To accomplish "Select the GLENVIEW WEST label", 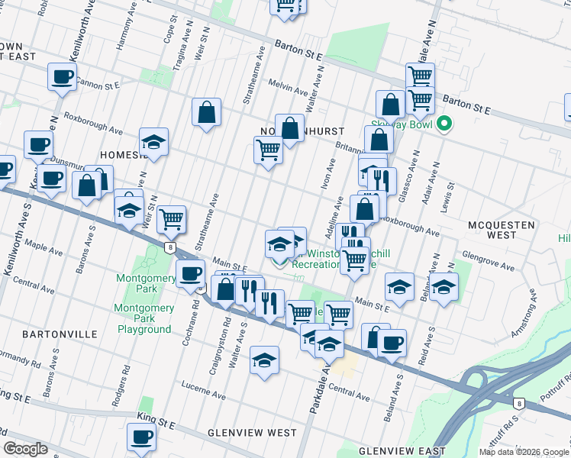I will [252, 433].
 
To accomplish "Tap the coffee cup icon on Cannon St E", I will [61, 76].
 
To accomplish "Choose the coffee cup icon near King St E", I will [140, 437].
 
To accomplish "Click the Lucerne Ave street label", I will [202, 395].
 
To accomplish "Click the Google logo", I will [26, 449].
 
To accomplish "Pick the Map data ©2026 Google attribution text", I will [523, 452].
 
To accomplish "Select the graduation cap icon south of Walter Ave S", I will [264, 360].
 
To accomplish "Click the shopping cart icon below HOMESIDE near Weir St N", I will [172, 219].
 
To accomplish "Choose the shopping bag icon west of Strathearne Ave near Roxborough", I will [206, 112].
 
